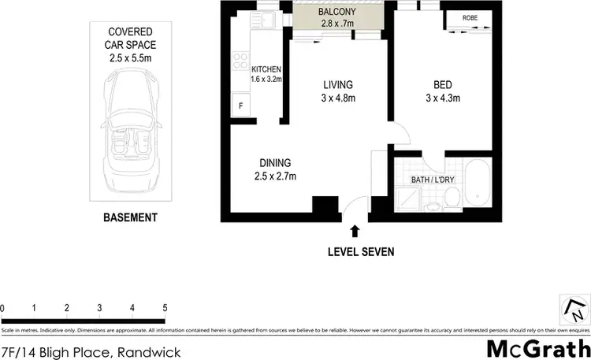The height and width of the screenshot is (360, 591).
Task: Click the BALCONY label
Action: pyautogui.click(x=336, y=13)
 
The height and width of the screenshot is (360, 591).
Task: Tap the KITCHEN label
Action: pyautogui.click(x=266, y=69)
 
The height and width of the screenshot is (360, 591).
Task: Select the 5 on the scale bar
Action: pyautogui.click(x=165, y=307)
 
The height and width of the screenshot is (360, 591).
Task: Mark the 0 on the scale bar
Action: pyautogui.click(x=3, y=307)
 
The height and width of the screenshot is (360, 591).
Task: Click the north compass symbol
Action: pyautogui.click(x=573, y=308)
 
